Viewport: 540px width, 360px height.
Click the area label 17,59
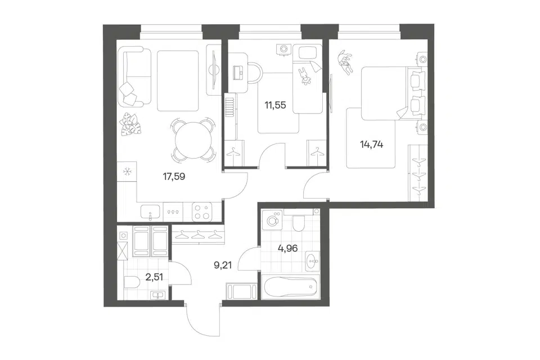tap(174, 177)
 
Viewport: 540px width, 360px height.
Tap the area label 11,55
tap(275, 105)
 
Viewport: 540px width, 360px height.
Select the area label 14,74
tap(372, 145)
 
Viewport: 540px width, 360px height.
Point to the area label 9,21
tap(223, 265)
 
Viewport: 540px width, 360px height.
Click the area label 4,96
tap(287, 248)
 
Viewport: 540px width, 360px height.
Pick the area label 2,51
tap(154, 277)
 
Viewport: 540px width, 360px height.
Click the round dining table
tap(193, 140)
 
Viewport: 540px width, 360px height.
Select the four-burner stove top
tap(202, 211)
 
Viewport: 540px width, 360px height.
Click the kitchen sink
tap(151, 212)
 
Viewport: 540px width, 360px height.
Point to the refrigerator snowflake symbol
tap(127, 171)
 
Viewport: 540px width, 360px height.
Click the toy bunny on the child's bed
tap(305, 76)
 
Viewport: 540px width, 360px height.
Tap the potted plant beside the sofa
tap(130, 124)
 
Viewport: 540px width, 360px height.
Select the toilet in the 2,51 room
tap(131, 282)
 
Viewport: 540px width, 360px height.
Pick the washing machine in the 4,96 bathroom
tap(272, 220)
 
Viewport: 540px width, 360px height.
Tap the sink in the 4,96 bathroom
tap(312, 261)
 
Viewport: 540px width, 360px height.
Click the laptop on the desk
tap(239, 72)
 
